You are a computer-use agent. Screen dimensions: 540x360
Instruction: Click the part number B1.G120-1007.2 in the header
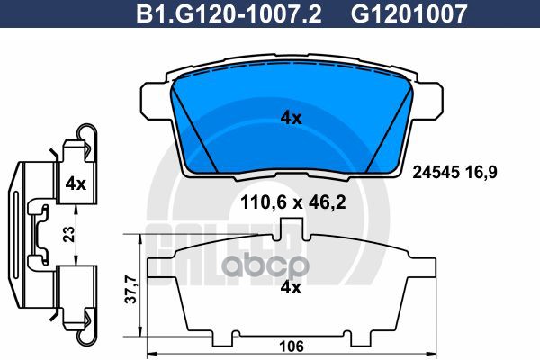point(229,14)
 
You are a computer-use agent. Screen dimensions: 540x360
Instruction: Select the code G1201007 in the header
point(409,14)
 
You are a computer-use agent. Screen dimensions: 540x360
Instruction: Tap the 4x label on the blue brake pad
point(291,119)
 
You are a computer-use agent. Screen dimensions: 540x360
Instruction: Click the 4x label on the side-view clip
point(76,184)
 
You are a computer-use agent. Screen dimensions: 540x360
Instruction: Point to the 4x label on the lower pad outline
point(291,287)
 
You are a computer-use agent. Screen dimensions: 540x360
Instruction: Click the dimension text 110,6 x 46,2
point(293,202)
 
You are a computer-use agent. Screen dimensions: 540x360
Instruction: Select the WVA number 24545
point(436,172)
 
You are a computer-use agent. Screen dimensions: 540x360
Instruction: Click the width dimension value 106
point(292,346)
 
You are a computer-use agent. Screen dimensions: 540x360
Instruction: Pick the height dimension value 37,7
point(130,290)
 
